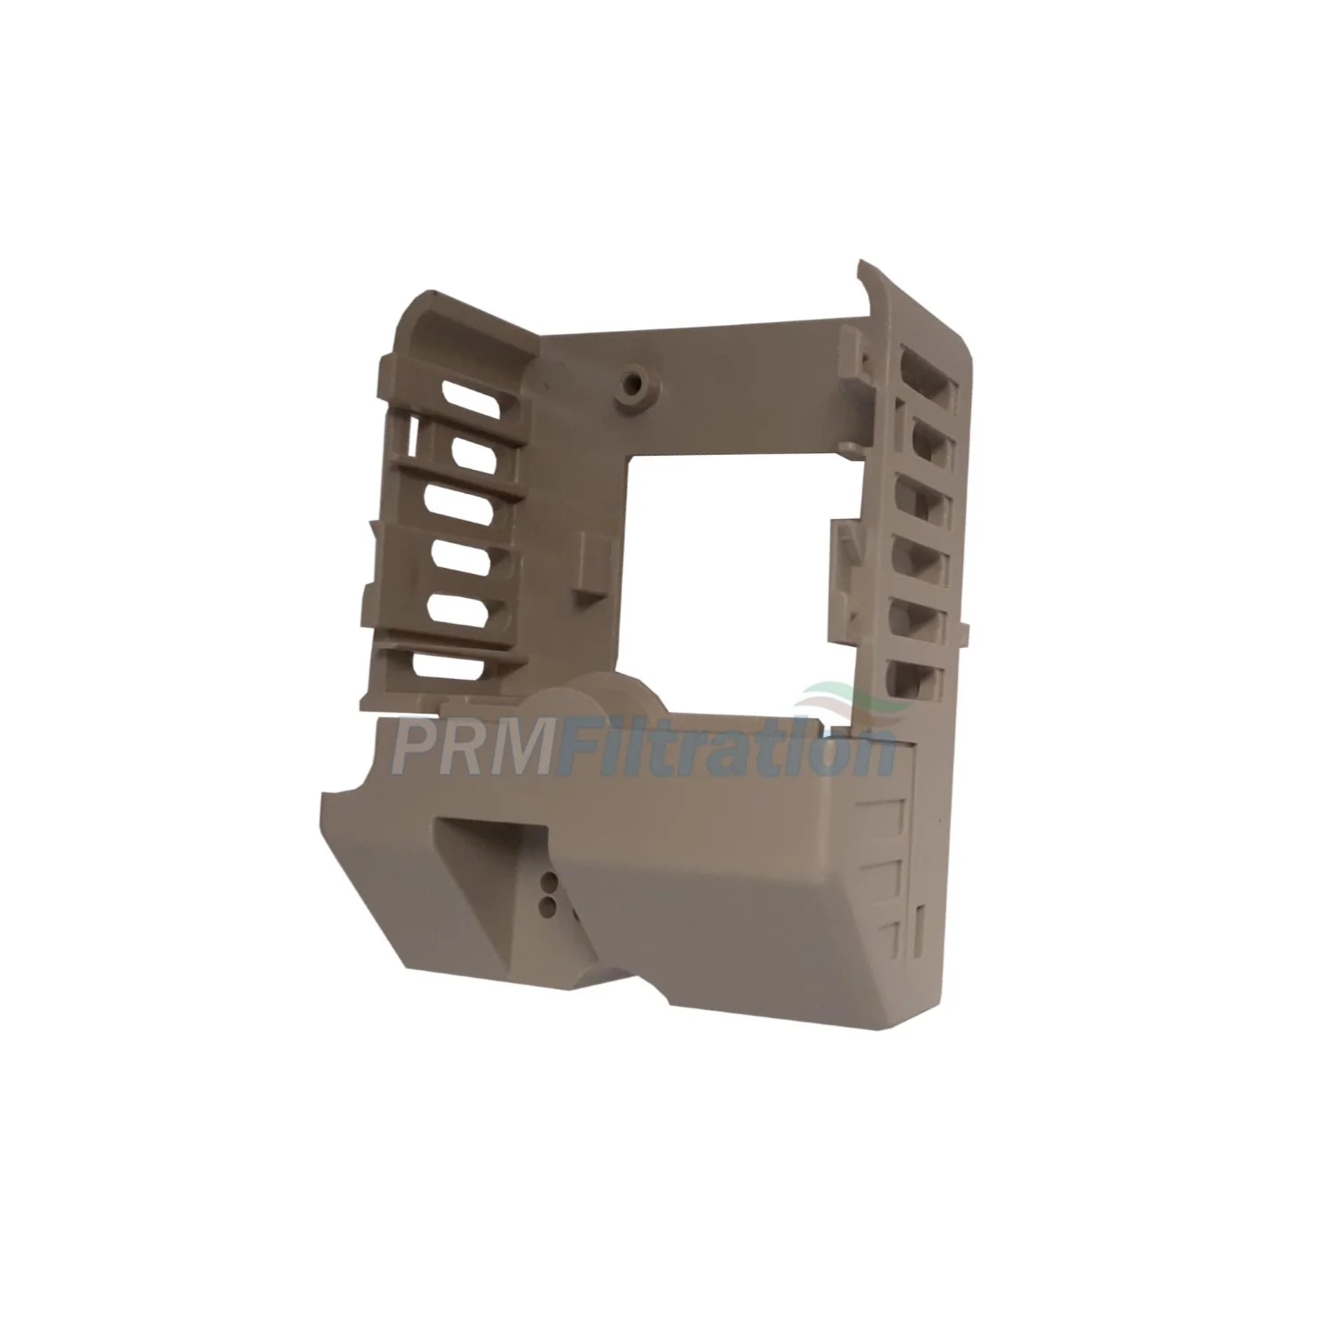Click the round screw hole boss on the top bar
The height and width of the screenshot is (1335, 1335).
pyautogui.click(x=632, y=383)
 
